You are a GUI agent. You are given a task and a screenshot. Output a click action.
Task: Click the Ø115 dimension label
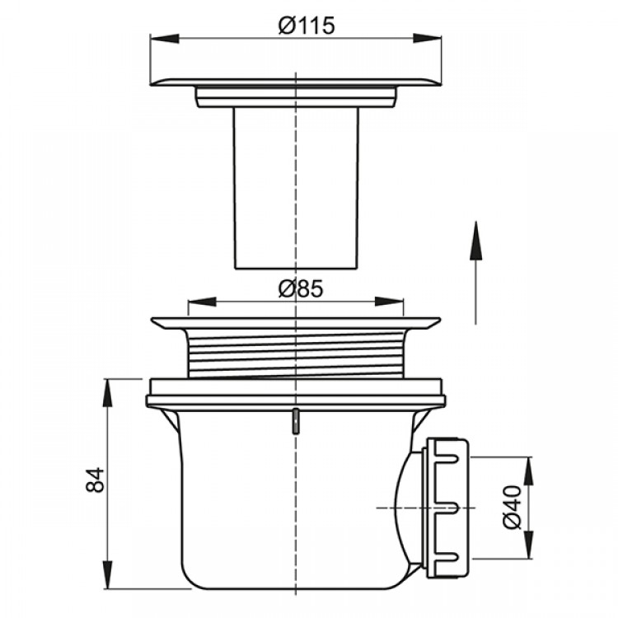(307, 26)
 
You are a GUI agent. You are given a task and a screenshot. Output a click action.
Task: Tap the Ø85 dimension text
(301, 288)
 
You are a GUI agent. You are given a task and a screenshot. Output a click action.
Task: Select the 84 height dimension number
(95, 480)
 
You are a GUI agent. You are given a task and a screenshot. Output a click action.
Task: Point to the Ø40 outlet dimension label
(513, 508)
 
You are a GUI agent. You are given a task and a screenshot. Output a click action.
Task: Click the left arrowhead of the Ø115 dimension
(165, 39)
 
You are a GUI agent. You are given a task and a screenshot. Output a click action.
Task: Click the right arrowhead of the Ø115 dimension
(427, 39)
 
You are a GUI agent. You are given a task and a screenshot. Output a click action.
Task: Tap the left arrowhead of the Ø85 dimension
(203, 302)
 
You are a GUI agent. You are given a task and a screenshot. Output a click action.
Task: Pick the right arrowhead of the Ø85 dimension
(390, 302)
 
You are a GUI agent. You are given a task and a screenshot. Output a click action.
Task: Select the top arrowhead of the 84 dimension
(107, 393)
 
